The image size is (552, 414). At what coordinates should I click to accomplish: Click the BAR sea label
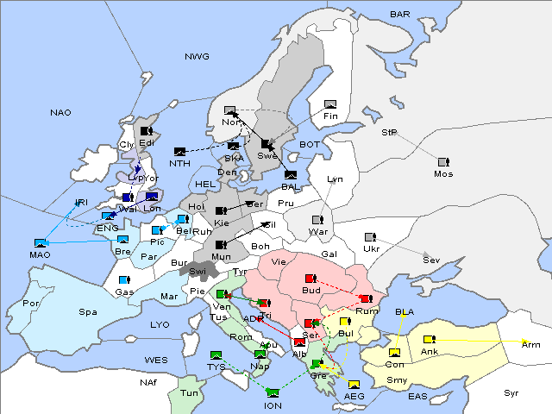tap(399, 14)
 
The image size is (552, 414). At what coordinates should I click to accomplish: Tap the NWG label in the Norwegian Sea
tap(197, 57)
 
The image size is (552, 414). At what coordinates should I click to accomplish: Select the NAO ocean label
tap(61, 112)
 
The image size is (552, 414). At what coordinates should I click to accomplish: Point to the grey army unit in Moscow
tap(443, 161)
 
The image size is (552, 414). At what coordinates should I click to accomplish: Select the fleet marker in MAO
tap(40, 243)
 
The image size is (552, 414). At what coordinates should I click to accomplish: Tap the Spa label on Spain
tap(88, 311)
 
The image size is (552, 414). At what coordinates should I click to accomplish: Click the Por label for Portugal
tap(31, 304)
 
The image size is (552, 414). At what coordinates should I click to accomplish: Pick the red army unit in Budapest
tap(311, 279)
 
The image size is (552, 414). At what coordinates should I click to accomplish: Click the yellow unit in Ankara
tap(429, 339)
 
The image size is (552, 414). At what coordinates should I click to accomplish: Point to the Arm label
tap(530, 344)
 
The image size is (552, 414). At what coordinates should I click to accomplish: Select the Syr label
tap(511, 392)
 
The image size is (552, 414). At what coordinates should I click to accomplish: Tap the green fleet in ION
tap(273, 392)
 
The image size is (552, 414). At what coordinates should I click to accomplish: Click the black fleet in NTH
tap(180, 152)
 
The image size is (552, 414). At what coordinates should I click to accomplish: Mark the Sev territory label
tap(430, 260)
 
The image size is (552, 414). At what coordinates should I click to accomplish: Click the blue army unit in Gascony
tap(124, 280)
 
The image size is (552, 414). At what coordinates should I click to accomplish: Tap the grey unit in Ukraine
tap(370, 237)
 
